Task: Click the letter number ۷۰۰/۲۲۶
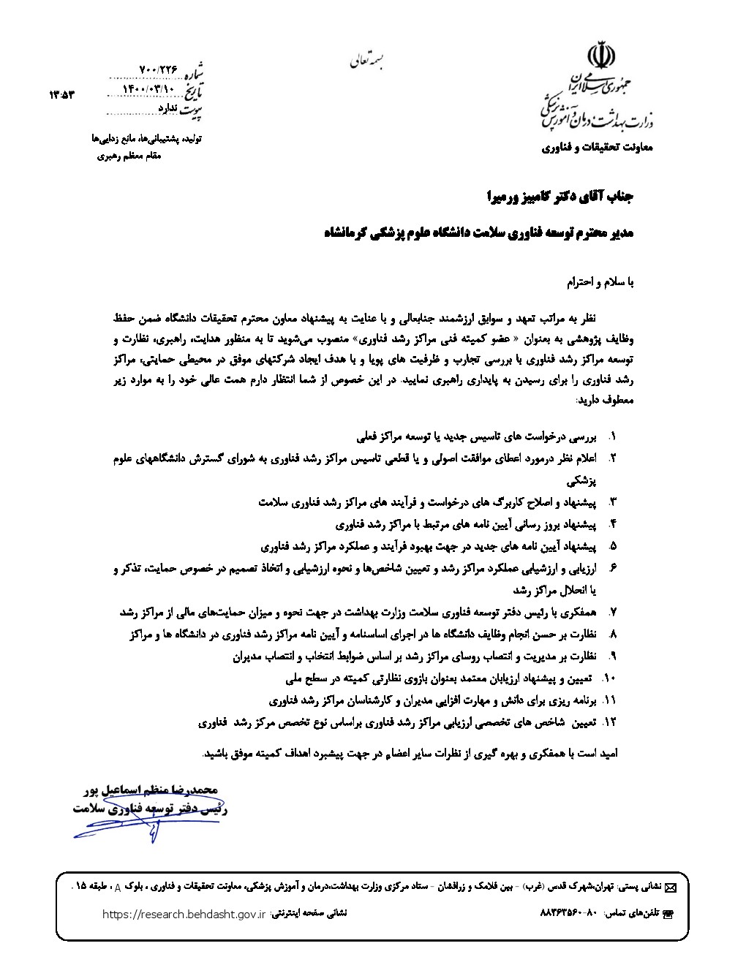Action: [x=159, y=69]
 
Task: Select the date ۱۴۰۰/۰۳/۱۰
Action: [x=151, y=89]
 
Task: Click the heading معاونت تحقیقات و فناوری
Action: [x=597, y=148]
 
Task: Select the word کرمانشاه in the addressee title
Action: [x=353, y=233]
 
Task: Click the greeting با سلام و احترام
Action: [x=601, y=281]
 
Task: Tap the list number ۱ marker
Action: [x=613, y=437]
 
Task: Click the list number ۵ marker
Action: [x=613, y=545]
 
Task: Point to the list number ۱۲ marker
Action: [x=611, y=722]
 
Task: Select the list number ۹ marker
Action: [x=613, y=656]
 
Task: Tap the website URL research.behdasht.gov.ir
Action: [x=184, y=914]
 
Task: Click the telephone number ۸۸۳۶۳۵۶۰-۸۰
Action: [x=568, y=914]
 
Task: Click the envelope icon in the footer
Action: [x=671, y=887]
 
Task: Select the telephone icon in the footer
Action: [x=666, y=915]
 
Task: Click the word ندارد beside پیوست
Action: [x=168, y=108]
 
